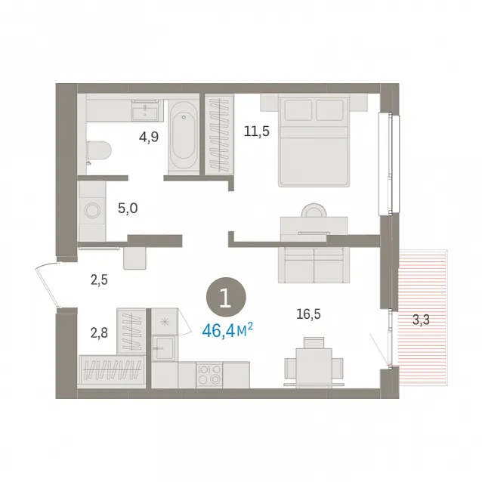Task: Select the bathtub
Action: coord(184,135)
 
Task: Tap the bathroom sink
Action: coord(145,110)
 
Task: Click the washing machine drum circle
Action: coord(92,212)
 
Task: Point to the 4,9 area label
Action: coord(149,137)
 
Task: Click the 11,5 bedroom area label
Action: coord(257,131)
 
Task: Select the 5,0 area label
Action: coord(128,209)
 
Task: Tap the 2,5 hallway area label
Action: coord(99,280)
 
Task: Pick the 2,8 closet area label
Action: coord(99,332)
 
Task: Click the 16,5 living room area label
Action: coord(308,314)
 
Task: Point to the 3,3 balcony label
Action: coord(421,320)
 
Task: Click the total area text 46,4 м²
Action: coord(227,330)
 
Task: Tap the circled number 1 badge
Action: coord(226,297)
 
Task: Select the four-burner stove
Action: coord(209,374)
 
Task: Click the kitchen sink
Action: coord(165,348)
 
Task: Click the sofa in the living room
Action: coord(314,265)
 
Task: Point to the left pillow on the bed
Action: coord(298,110)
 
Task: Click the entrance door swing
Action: coord(48,284)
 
